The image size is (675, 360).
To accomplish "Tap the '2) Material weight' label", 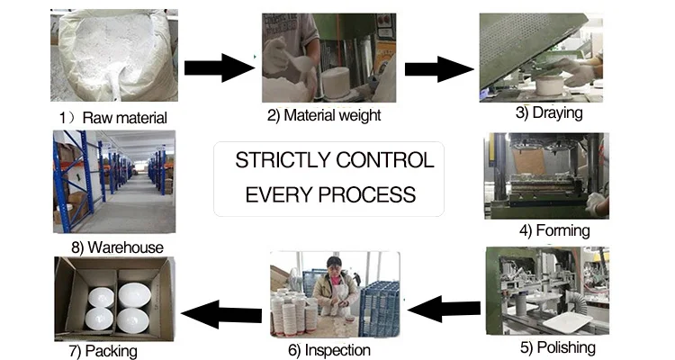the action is pyautogui.click(x=323, y=115).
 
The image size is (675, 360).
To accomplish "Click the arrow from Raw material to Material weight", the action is pyautogui.click(x=219, y=68).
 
